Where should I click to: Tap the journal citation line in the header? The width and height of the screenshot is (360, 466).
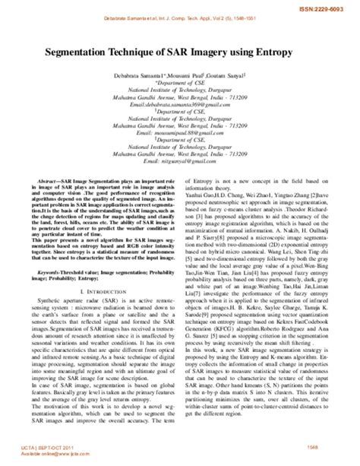[x=179, y=17]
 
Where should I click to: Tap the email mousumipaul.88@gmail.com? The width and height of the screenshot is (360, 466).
[x=180, y=141]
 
